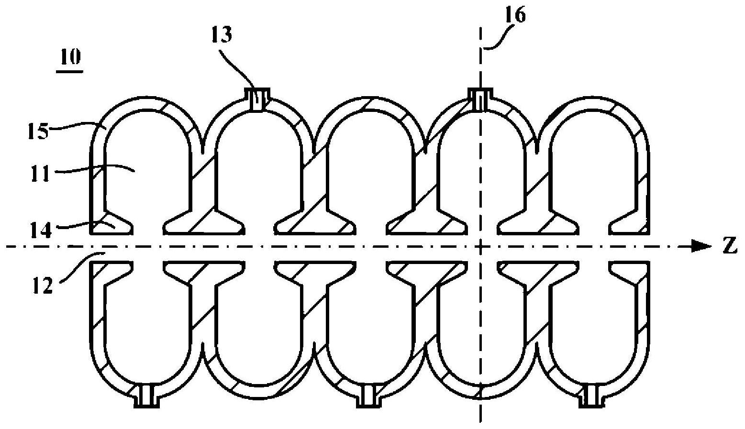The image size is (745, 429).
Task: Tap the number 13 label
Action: (x=221, y=34)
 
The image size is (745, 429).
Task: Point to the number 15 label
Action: (x=38, y=131)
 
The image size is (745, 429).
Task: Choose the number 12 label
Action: (x=43, y=286)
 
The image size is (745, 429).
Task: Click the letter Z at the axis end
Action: (x=730, y=246)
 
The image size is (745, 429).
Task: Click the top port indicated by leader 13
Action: (x=257, y=99)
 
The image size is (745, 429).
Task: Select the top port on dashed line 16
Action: (x=480, y=99)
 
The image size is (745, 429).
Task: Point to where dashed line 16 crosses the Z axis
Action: (x=480, y=246)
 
